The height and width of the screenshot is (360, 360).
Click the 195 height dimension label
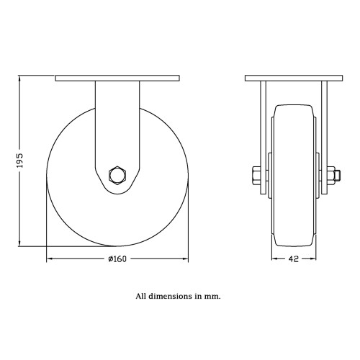(20, 161)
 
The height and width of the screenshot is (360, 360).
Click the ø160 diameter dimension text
(117, 259)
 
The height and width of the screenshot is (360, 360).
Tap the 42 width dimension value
(294, 259)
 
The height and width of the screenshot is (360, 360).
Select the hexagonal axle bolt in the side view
(117, 176)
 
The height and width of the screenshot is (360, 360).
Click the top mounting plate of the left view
(117, 78)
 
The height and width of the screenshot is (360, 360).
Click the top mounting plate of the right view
(294, 78)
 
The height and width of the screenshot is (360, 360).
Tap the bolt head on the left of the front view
(256, 176)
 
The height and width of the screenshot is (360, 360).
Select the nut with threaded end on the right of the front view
(334, 176)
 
